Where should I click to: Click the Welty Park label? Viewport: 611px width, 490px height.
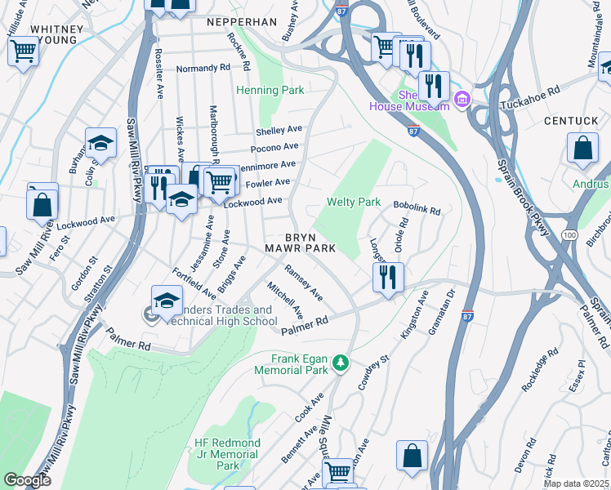pos(354,201)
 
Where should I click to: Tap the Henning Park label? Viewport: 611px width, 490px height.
pos(270,90)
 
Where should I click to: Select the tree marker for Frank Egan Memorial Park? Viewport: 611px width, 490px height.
pos(344,362)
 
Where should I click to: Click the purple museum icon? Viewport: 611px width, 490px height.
pos(462,100)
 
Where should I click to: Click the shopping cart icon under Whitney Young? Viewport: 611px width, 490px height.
pos(24,51)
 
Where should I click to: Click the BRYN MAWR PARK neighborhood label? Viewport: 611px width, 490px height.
pos(299,241)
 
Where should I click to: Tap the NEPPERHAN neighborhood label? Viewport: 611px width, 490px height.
pos(242,21)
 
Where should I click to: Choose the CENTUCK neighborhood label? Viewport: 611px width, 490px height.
pos(572,121)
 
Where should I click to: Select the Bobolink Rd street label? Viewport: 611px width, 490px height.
pos(417,207)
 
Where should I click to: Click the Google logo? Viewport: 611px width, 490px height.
pos(27,480)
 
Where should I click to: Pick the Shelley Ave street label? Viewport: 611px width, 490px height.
pos(279,130)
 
